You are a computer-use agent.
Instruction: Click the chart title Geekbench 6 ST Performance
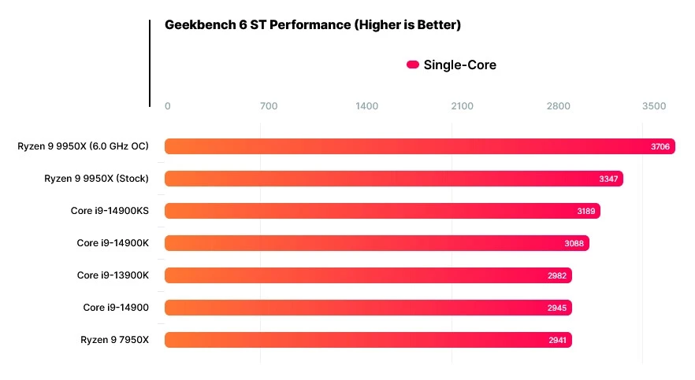312,25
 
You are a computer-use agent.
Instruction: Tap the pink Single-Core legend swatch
412,65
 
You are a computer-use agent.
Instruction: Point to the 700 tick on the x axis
268,106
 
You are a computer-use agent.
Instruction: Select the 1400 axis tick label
366,106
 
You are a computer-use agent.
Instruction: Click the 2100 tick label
462,106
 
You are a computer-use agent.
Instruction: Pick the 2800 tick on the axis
558,106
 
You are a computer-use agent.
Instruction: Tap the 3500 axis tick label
653,106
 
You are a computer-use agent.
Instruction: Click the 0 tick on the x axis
167,106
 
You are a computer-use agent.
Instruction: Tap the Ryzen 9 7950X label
114,340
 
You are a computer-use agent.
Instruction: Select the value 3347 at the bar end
608,179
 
